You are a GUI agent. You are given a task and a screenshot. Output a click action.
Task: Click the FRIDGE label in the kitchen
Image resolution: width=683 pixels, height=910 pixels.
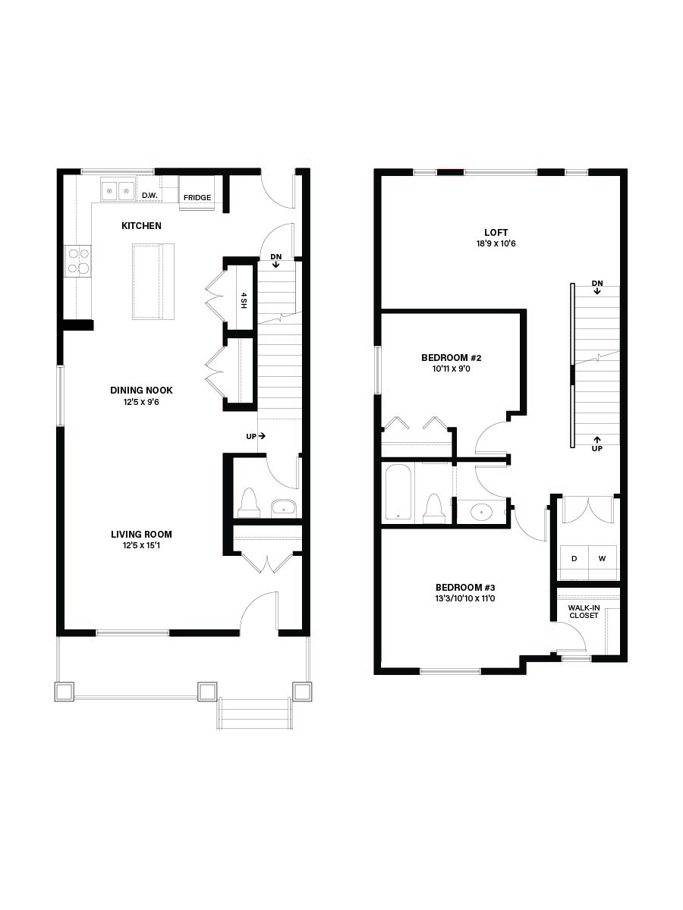coord(197,198)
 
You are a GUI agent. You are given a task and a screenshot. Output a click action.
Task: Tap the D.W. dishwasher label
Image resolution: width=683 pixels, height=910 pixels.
coord(150,195)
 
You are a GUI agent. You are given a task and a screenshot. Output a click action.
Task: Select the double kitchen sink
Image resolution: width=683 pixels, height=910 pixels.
coord(118,191)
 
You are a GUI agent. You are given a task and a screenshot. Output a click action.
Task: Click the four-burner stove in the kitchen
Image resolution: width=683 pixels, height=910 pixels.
coord(77,261)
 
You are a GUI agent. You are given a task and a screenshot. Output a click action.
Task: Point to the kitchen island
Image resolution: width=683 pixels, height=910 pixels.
coord(153,282)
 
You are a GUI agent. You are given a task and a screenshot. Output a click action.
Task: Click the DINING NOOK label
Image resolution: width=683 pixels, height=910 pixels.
coord(141,390)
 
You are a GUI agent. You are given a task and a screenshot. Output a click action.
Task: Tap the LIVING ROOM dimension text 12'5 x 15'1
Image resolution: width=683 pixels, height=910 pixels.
coord(141,545)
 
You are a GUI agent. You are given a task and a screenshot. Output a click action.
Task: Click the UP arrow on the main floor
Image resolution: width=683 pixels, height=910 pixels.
coord(262,436)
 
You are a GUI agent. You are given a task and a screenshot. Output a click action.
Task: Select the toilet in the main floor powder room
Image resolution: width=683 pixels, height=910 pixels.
coord(249,503)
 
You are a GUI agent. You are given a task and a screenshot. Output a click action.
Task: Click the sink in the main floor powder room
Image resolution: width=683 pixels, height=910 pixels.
coord(284,508)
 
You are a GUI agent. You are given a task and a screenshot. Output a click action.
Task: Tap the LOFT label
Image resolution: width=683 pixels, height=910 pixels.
coord(496,233)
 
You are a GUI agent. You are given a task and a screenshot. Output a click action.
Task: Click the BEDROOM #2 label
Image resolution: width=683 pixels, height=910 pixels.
coord(452,358)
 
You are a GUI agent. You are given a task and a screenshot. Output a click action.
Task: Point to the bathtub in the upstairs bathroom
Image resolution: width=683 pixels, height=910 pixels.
coord(398,492)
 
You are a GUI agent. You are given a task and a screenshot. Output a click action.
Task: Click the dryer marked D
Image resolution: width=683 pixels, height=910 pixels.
coord(574,558)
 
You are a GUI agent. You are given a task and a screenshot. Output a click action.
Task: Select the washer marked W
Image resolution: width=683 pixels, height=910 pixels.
coord(603,558)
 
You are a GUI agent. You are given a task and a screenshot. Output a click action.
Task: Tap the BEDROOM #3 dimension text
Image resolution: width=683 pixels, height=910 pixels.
coord(465,598)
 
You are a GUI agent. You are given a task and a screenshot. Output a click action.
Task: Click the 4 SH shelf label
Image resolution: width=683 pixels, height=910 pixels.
coord(244,300)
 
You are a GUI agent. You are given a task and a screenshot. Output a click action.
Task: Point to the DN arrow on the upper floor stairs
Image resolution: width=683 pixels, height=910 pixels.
coord(597,291)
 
